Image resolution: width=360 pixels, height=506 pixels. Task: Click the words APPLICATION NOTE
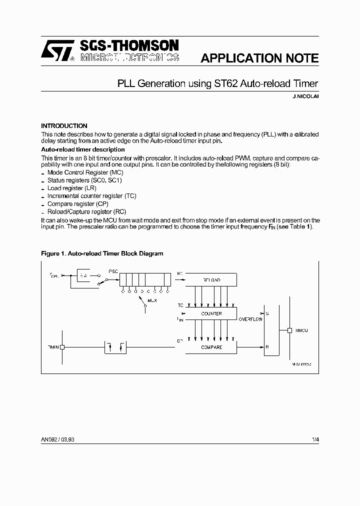(259, 58)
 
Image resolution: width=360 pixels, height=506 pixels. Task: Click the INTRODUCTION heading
(64, 126)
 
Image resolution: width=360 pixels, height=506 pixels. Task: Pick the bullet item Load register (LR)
(71, 188)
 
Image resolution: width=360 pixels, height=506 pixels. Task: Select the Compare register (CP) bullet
(77, 204)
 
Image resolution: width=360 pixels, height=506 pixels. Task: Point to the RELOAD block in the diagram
(211, 280)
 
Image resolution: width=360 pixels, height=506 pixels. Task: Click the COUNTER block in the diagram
(211, 314)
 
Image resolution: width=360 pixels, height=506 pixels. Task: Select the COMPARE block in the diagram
(211, 347)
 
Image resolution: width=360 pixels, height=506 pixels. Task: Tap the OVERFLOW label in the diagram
(250, 319)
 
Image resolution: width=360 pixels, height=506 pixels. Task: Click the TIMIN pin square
(62, 347)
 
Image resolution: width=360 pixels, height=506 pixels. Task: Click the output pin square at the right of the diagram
(289, 330)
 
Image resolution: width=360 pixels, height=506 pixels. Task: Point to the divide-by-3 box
(82, 275)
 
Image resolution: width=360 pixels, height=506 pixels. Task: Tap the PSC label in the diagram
(113, 271)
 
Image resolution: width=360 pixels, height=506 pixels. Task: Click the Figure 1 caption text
(102, 253)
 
